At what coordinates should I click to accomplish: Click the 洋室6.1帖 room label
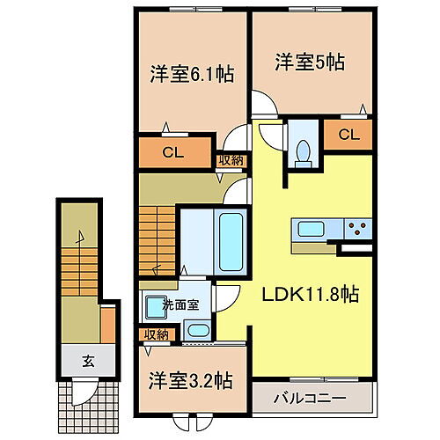tap(192, 76)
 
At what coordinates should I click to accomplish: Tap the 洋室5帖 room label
tap(308, 62)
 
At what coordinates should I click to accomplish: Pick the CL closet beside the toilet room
tap(348, 135)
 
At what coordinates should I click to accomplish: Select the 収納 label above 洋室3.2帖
tap(156, 334)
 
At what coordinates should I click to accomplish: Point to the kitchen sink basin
tap(314, 231)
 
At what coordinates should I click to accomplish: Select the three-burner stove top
tap(358, 231)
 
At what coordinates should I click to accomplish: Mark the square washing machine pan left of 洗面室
tap(157, 308)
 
